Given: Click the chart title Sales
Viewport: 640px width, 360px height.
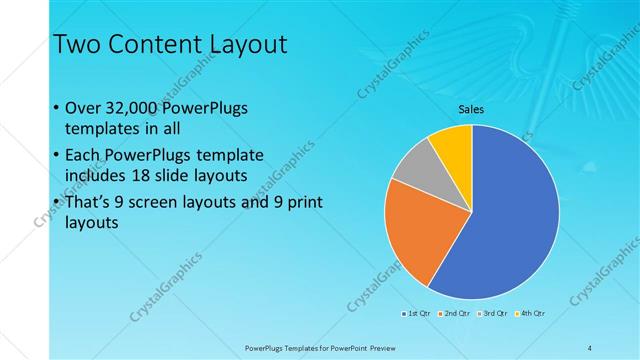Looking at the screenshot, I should point(471,108).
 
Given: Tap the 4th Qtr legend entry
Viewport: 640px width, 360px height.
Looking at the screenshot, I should point(530,314).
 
